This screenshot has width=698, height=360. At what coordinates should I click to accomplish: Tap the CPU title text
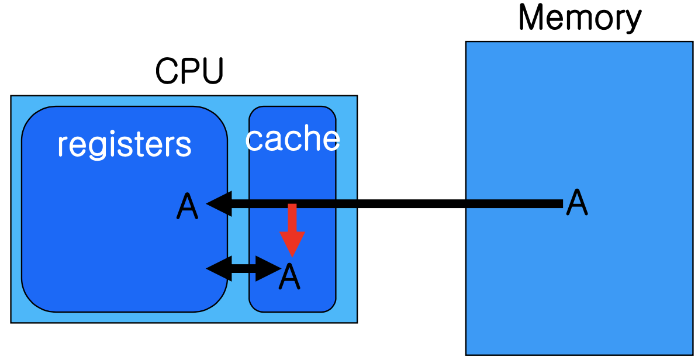189,71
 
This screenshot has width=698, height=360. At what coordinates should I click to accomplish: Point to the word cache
292,139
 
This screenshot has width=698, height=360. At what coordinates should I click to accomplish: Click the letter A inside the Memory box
577,202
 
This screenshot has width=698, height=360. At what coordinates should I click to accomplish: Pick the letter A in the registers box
187,207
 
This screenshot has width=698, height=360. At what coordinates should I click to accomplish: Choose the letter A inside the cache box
290,277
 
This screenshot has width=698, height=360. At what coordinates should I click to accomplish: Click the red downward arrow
292,230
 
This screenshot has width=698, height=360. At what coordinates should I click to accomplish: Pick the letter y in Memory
633,22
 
